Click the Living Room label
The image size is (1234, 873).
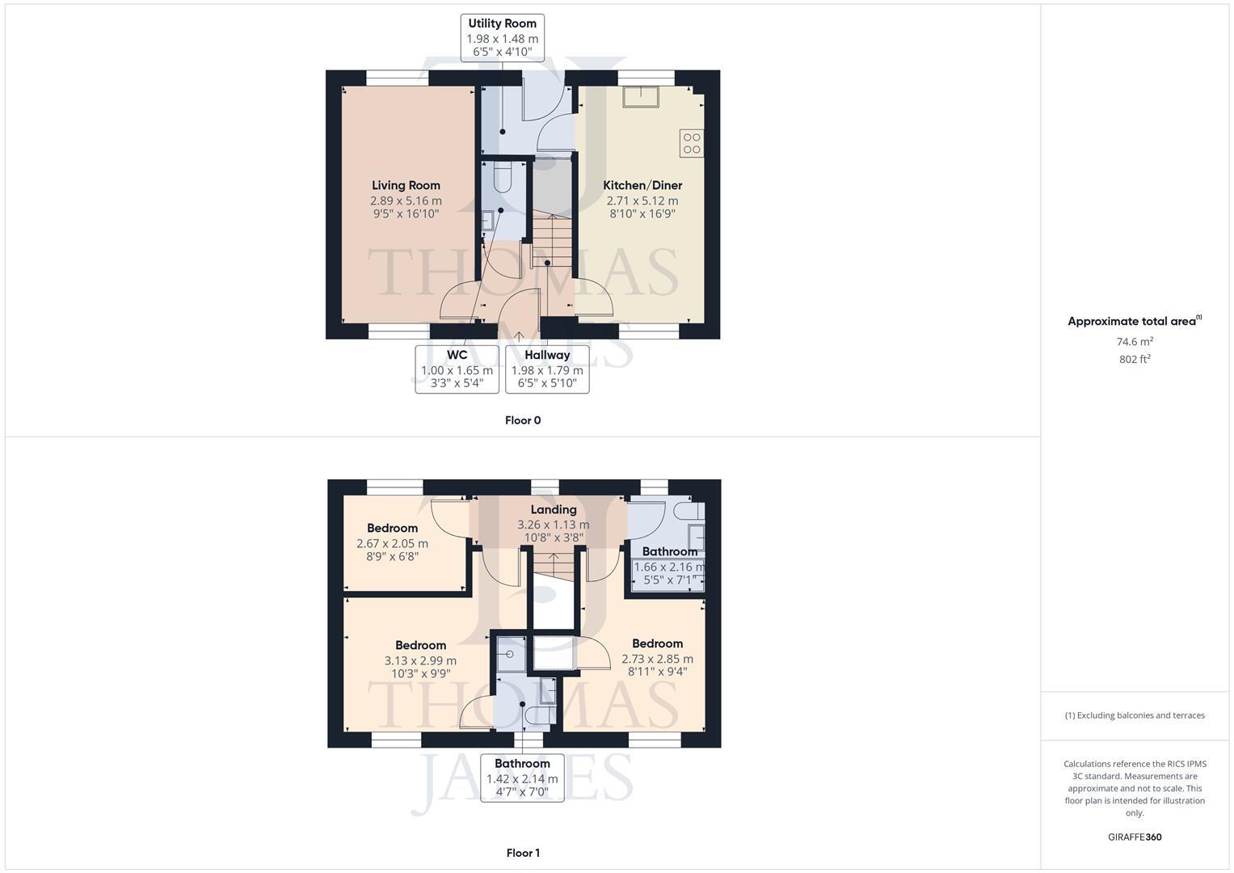pos(406,185)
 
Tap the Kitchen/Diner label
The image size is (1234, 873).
pos(642,185)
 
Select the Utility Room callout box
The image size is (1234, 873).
pos(502,37)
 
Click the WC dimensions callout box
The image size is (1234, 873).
pos(457,369)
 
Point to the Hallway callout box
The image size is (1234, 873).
pos(547,369)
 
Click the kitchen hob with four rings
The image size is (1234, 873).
pos(692,143)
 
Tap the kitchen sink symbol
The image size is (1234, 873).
pos(640,96)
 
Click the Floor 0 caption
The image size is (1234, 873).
pos(523,420)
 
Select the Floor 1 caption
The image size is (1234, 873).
pos(523,853)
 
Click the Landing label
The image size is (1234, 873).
pos(554,509)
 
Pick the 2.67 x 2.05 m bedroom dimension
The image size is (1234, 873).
pos(392,544)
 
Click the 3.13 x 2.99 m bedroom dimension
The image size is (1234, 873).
pos(420,660)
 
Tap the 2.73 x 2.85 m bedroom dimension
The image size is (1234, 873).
pos(657,659)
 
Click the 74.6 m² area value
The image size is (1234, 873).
pos(1134,342)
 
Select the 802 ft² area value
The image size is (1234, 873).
pos(1134,360)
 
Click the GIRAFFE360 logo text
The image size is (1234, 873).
pos(1135,837)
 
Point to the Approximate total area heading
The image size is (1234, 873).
pos(1134,321)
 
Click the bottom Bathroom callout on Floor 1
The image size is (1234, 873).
pos(522,778)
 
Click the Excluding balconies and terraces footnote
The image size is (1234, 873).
pos(1135,715)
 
